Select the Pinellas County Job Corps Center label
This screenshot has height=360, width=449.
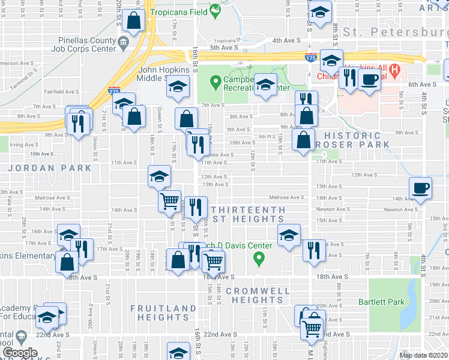[x=86, y=45]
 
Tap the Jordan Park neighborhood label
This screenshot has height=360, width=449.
[x=51, y=169]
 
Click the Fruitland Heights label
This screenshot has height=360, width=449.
[x=164, y=313]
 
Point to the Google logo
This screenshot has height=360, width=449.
[x=19, y=353]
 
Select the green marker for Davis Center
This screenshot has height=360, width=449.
[x=259, y=260]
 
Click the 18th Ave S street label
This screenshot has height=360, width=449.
[x=217, y=277]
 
